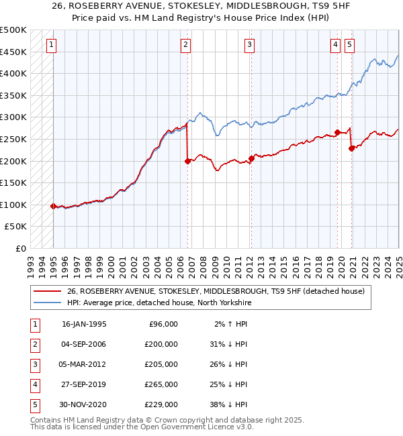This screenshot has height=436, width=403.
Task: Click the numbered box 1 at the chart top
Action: click(52, 45)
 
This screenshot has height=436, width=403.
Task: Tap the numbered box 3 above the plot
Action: click(249, 45)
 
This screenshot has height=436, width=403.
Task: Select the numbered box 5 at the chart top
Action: click(350, 45)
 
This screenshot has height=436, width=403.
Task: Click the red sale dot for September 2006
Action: click(187, 161)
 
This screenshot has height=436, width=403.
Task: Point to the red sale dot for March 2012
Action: click(251, 159)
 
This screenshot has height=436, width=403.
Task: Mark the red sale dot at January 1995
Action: click(53, 206)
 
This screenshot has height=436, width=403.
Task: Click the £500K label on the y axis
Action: click(13, 30)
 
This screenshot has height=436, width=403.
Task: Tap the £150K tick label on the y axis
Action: click(13, 182)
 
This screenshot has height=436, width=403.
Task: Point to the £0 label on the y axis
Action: click(20, 248)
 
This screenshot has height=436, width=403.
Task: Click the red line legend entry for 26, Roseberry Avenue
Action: click(215, 291)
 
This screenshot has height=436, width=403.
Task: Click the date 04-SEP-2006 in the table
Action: click(84, 344)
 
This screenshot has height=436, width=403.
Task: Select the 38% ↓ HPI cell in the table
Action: click(227, 404)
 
